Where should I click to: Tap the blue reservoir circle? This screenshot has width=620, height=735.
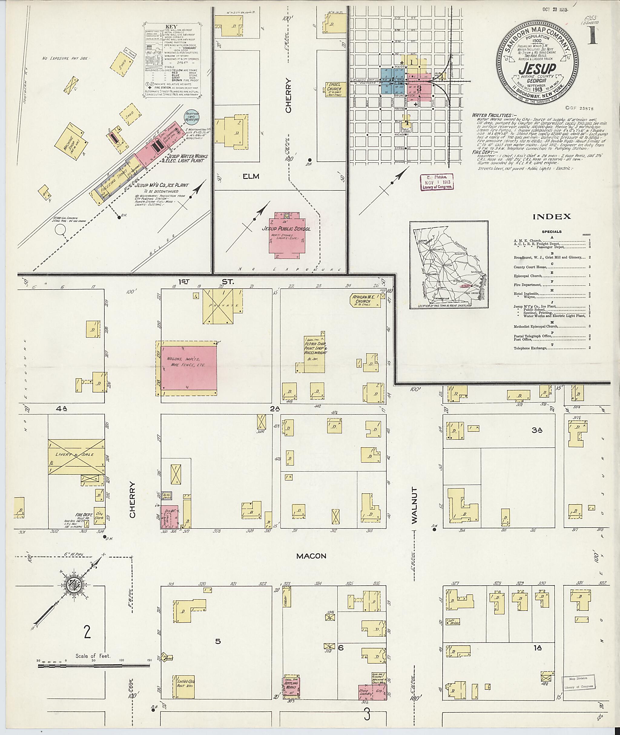point(192,117)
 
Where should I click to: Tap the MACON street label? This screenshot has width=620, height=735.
point(311,556)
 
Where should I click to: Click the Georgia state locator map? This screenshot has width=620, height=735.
point(448,265)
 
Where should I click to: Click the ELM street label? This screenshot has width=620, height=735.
point(251,176)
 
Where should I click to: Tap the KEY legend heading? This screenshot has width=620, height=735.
point(172,27)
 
